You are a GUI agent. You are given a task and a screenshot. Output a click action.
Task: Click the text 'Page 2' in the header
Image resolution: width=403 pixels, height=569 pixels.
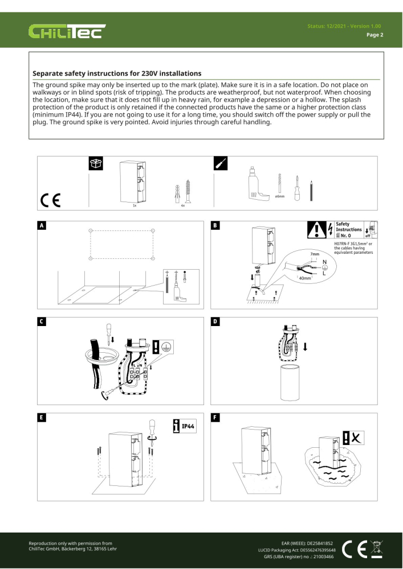tap(374, 35)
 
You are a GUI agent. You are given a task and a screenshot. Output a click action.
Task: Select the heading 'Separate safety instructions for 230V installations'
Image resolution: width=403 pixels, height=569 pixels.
tap(116, 73)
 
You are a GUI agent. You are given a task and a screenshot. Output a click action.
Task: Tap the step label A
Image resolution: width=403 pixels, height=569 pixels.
tap(42, 226)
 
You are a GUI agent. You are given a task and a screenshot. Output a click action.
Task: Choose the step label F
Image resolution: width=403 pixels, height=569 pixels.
tap(215, 418)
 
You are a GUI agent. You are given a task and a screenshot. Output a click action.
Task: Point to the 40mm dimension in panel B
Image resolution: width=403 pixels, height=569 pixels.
tap(305, 278)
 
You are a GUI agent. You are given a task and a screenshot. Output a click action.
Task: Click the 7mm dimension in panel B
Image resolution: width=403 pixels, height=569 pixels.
tap(315, 254)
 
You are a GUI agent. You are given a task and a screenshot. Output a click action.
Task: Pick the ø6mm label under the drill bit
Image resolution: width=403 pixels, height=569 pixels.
tap(280, 196)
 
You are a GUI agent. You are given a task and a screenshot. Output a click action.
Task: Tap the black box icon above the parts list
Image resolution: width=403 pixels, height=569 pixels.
tap(95, 163)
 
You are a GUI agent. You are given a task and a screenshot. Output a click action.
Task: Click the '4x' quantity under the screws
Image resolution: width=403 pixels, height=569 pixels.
tap(182, 205)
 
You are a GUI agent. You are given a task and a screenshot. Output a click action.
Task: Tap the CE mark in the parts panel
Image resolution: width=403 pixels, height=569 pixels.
tap(51, 200)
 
